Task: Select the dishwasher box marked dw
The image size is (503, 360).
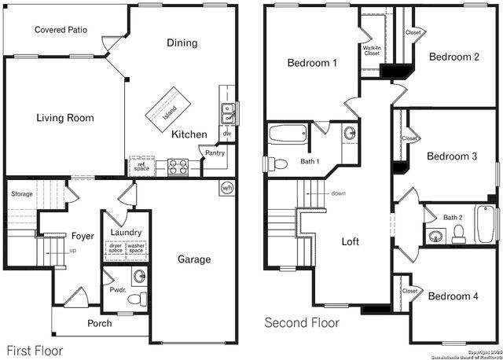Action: [x=226, y=134]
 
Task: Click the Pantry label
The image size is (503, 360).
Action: [x=215, y=153]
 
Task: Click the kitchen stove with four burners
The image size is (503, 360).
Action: [x=177, y=167]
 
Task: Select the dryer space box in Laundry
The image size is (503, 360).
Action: [x=115, y=249]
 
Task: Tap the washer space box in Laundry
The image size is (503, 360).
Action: [x=137, y=249]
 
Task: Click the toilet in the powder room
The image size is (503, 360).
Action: [x=138, y=299]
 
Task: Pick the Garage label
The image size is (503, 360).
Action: [x=193, y=260]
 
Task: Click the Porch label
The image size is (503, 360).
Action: [x=99, y=323]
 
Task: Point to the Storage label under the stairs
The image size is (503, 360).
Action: [x=22, y=193]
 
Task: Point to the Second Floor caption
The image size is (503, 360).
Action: [x=302, y=323]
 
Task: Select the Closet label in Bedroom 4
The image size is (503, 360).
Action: [x=410, y=291]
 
